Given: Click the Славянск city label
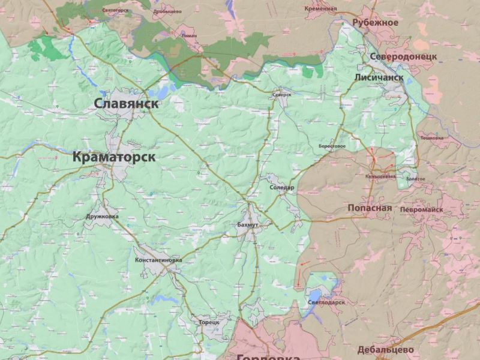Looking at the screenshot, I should [126, 104].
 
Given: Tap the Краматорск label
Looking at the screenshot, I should [114, 157].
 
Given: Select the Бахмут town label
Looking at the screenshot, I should [247, 224].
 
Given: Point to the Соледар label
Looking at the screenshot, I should [282, 187].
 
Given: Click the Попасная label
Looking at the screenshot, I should [370, 208].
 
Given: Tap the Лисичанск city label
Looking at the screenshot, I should [379, 78].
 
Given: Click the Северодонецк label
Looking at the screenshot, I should [403, 57].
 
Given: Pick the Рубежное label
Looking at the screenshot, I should [376, 23].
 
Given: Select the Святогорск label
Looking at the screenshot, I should [116, 10].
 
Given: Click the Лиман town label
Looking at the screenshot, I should [188, 35].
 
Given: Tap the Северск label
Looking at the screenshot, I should [281, 95].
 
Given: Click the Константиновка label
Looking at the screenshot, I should [158, 260].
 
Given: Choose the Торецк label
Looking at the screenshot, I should [209, 322].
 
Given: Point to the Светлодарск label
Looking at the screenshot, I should [327, 302].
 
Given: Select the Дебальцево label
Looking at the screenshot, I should [385, 349].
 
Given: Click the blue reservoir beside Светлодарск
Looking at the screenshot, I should [315, 295].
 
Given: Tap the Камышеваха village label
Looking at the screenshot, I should [381, 176].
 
